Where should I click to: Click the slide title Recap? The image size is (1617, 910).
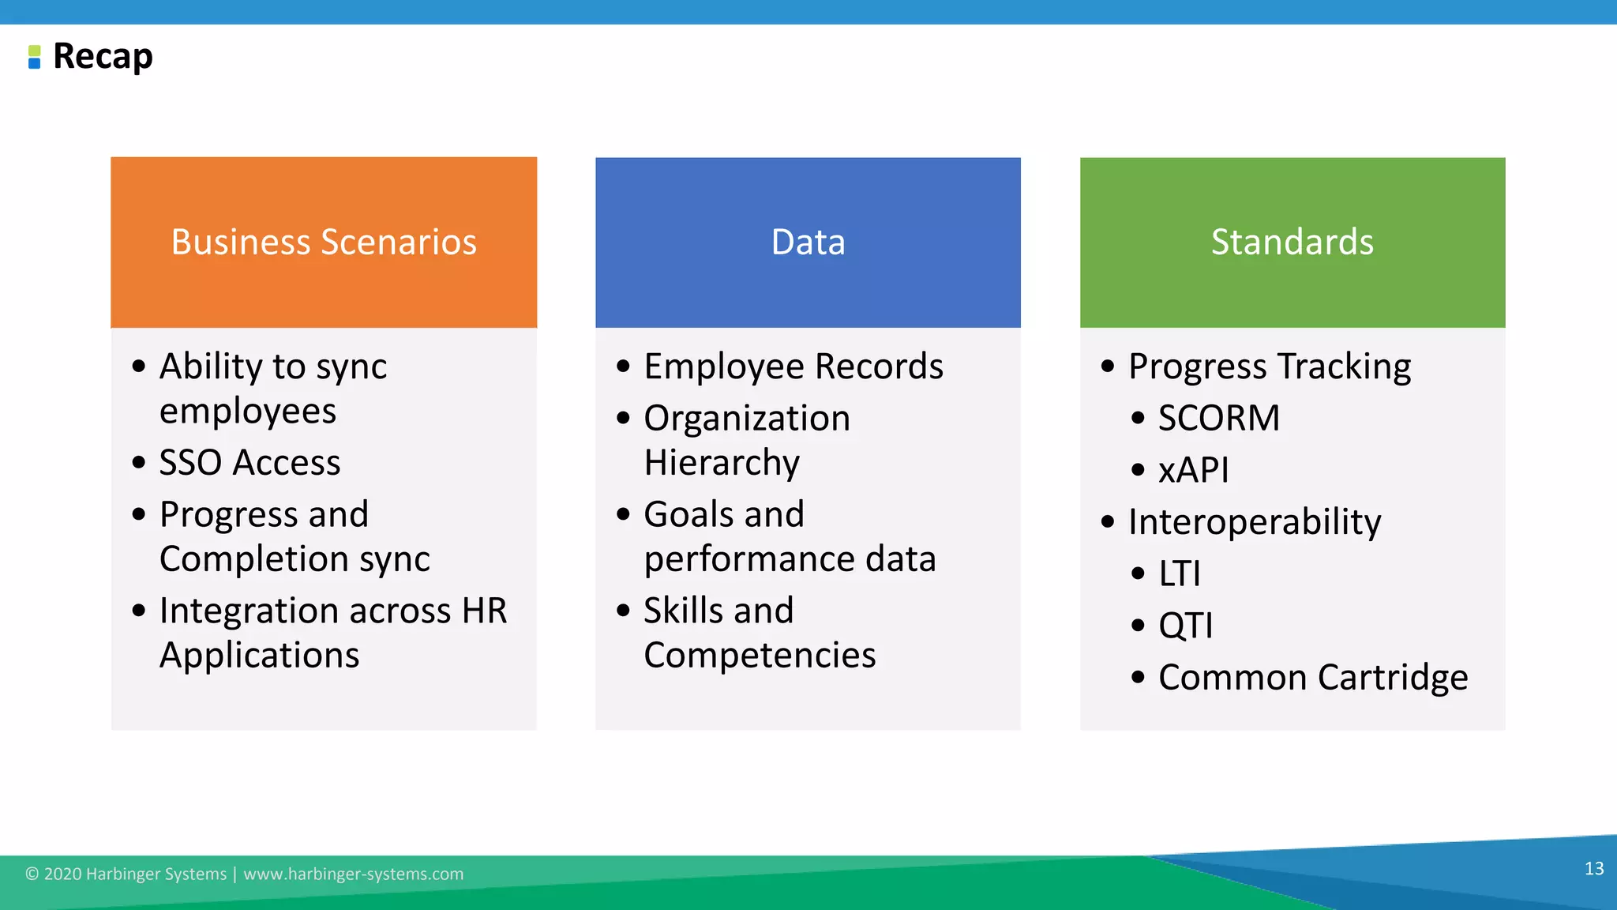[x=103, y=57]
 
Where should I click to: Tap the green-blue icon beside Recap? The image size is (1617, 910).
[x=34, y=57]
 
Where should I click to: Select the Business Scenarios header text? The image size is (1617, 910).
[x=324, y=242]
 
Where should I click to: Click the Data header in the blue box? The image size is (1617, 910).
[x=808, y=242]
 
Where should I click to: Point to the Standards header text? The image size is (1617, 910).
[x=1292, y=242]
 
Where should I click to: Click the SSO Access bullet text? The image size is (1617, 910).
[x=249, y=462]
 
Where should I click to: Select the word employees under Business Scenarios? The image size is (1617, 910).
[x=248, y=412]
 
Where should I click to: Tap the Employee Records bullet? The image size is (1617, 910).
[x=793, y=367]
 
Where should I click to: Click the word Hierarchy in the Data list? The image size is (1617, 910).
[x=722, y=463]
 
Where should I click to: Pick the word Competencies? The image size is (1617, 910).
[x=760, y=656]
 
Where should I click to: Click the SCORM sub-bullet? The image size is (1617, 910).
[x=1218, y=418]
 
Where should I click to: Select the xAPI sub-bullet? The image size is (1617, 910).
[x=1193, y=470]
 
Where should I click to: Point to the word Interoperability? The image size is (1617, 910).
[x=1254, y=522]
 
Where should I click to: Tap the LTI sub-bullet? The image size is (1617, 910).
[x=1179, y=573]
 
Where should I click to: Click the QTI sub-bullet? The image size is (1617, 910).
[x=1185, y=626]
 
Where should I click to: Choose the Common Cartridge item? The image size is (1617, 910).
[x=1312, y=678]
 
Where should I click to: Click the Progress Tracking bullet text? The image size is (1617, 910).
[x=1269, y=367]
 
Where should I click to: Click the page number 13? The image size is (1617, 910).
[x=1593, y=869]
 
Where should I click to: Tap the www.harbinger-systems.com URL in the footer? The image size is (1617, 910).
[x=353, y=874]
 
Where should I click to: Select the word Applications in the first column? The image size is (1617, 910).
[x=259, y=656]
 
